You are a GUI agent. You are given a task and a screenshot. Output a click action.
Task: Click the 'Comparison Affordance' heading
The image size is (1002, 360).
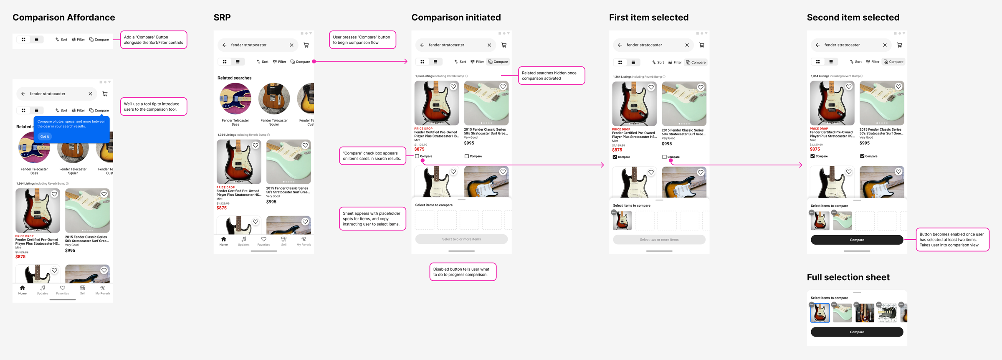[x=63, y=18]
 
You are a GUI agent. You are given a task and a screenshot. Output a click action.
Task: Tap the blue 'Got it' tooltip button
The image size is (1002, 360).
[x=45, y=137]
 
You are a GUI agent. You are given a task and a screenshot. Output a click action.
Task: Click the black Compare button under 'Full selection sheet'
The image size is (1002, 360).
[x=857, y=332]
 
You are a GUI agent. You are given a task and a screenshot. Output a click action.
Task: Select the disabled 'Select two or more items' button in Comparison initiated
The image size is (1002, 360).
[x=461, y=239]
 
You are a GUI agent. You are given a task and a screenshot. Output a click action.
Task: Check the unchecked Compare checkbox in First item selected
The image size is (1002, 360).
[x=664, y=157]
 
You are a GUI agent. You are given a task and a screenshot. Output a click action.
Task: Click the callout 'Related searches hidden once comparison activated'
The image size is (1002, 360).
[x=551, y=76]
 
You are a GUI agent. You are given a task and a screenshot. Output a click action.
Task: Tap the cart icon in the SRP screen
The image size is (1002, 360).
[x=306, y=45]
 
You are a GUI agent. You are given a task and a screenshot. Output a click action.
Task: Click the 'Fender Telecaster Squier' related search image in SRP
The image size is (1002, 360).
[x=274, y=99]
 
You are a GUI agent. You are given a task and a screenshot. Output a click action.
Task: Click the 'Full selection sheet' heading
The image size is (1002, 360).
[x=848, y=277]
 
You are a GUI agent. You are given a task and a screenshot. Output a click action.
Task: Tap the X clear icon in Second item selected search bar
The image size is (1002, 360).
[x=885, y=45]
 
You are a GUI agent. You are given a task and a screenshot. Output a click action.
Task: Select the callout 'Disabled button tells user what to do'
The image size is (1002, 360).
[x=463, y=272]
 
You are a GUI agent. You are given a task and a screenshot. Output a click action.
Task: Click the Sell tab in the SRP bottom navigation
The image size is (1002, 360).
[x=283, y=241]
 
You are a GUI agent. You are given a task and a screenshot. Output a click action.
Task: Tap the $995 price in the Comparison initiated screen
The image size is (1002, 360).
[x=469, y=143]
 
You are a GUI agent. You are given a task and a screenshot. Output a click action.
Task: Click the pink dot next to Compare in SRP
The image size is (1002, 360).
[x=314, y=61]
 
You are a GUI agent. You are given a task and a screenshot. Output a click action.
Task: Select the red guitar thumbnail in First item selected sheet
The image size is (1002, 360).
[x=622, y=221]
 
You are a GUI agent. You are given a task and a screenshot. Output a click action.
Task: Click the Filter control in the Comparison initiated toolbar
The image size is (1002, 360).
[x=477, y=62]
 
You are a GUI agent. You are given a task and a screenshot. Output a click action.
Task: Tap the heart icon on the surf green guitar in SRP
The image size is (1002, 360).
[x=305, y=145]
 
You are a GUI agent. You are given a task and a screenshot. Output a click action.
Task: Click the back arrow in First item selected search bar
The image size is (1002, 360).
[x=620, y=45]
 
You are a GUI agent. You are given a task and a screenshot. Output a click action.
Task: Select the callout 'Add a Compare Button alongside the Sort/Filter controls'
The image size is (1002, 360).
[x=154, y=40]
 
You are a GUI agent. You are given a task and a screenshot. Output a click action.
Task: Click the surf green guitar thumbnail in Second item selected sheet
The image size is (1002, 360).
[x=842, y=221]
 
